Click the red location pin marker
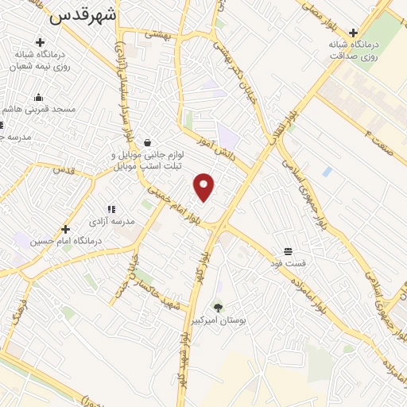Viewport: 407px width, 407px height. tap(205, 186)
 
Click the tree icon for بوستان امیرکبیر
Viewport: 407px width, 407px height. tap(218, 307)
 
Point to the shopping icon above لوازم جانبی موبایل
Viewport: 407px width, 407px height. tap(148, 143)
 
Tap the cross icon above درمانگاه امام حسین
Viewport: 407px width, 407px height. tap(65, 229)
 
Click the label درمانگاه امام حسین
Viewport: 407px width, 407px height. tap(63, 241)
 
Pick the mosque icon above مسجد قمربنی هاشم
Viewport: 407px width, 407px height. tap(38, 97)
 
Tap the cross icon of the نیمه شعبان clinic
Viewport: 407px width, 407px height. tap(40, 42)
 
